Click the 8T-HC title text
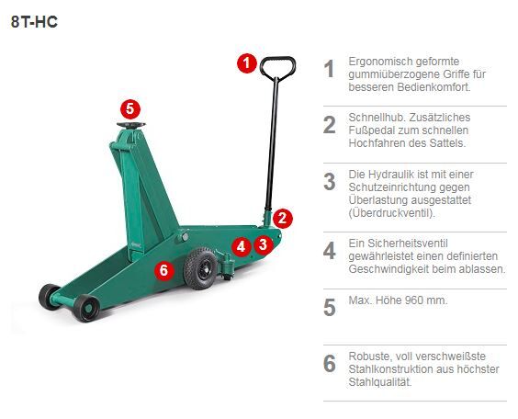34,21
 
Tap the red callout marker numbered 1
245,63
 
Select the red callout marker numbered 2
284,218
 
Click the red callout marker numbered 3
263,244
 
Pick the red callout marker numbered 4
240,246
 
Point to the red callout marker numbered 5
129,108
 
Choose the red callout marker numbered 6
163,270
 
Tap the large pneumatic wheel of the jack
200,268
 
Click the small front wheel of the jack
88,306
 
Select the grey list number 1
329,69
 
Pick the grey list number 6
329,364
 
